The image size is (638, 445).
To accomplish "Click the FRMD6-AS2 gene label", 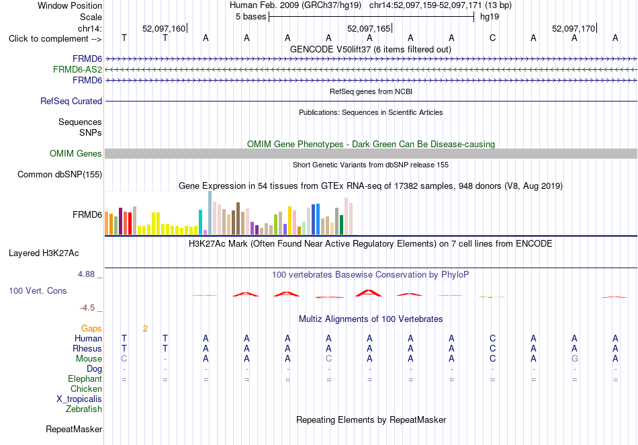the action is point(77,70).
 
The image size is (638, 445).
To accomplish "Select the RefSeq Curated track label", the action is point(71,101).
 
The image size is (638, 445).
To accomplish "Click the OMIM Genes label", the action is point(76,153).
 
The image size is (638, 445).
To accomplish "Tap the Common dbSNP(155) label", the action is point(60,174).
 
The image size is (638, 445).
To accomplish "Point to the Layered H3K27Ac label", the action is point(44,253).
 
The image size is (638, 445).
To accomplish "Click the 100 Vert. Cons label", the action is point(38,290).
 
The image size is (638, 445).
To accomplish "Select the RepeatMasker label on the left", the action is point(74,429).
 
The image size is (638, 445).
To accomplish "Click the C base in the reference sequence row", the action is point(493,38).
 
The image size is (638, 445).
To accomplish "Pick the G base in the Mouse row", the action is point(574,359).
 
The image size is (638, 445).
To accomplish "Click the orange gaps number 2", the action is point(145,329).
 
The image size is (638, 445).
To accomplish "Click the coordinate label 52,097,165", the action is point(369,28).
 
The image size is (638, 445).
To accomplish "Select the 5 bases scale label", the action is point(250,17).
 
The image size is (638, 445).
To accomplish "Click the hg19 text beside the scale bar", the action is point(490,17).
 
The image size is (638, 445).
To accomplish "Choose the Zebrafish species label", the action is point(84,409).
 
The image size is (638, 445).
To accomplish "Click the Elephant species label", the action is point(85,378).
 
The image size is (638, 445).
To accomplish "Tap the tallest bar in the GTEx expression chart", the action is point(210,213).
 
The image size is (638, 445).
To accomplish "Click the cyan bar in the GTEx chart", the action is point(201,222).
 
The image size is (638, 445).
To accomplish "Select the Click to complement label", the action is point(55,39).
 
